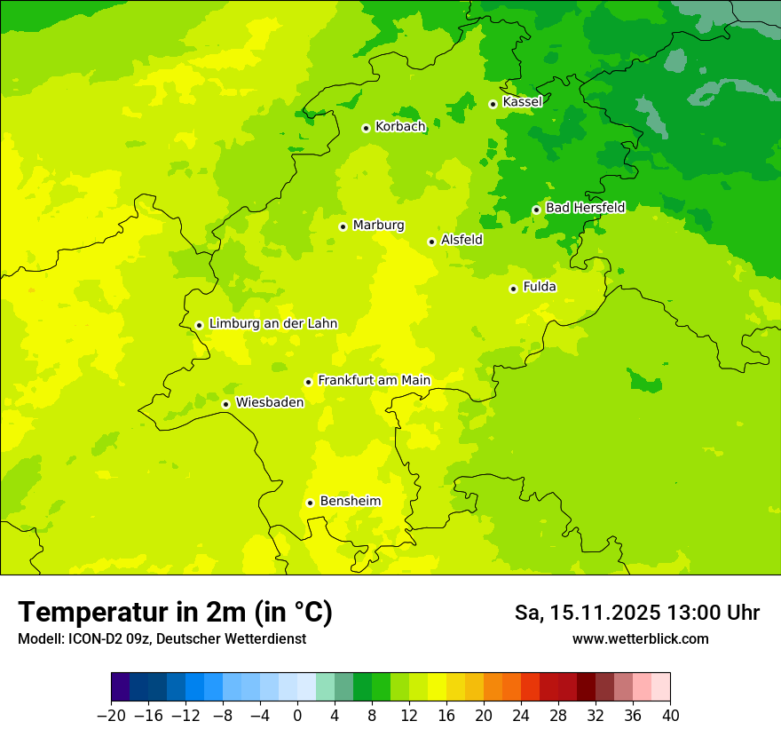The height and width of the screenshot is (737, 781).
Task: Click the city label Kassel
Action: [x=522, y=102]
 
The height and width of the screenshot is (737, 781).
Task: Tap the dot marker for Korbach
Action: [x=366, y=128]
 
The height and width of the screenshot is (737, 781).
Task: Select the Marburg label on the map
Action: [x=378, y=226]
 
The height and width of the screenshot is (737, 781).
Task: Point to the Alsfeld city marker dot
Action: [x=431, y=242]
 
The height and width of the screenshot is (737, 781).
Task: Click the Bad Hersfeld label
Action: [x=585, y=208]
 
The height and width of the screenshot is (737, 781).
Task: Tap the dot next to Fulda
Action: [x=513, y=289]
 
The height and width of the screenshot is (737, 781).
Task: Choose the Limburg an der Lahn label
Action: [x=272, y=324]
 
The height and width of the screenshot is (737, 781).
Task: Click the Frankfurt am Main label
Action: [x=374, y=381]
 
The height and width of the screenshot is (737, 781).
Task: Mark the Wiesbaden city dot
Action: [x=226, y=404]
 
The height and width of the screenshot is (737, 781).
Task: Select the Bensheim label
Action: [x=350, y=502]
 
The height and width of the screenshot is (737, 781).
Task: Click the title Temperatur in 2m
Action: [x=175, y=613]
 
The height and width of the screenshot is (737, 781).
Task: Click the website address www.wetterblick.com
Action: [x=640, y=638]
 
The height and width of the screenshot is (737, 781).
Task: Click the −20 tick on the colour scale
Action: [x=111, y=716]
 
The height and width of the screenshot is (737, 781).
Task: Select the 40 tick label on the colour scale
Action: [x=670, y=716]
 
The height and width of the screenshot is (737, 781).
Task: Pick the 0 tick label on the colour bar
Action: [x=297, y=716]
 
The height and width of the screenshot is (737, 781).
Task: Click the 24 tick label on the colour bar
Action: [x=521, y=716]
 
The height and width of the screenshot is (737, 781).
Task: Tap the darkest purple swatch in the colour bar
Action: [x=120, y=687]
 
